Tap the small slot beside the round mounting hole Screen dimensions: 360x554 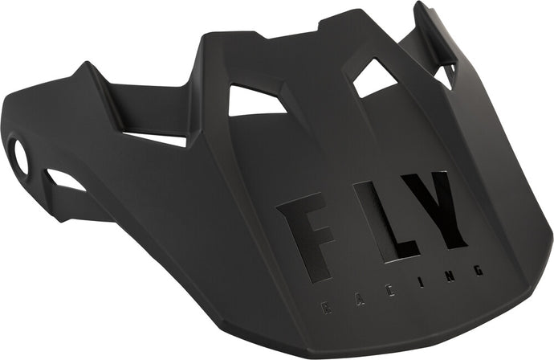click(64, 180)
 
